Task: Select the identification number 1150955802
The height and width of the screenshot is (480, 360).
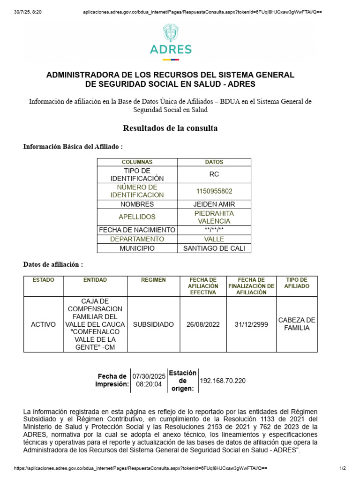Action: [214, 191]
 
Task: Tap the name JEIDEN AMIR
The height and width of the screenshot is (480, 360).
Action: [214, 204]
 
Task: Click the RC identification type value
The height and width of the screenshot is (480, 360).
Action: [214, 174]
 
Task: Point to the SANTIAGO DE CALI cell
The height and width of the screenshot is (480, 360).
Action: [214, 248]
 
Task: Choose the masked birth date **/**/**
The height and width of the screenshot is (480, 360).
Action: [214, 230]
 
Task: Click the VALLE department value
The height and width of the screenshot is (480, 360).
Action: [214, 239]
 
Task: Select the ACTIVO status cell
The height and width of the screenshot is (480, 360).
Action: [43, 324]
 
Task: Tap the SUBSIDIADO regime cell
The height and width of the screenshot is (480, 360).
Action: [153, 324]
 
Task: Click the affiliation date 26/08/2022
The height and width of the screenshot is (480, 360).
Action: [203, 324]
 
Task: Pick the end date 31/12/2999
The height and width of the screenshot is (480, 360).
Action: [251, 324]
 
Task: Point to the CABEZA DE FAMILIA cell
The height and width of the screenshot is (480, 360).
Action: [297, 324]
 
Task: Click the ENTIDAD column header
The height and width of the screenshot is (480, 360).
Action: [95, 280]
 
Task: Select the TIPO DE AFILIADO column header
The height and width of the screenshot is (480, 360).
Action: [297, 283]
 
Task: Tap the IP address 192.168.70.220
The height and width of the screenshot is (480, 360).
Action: [223, 381]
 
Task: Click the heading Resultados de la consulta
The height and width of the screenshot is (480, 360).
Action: [170, 128]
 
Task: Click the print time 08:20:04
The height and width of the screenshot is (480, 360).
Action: [149, 384]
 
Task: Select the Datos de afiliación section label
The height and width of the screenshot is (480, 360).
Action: [53, 264]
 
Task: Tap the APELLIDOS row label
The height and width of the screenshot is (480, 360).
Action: [137, 217]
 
